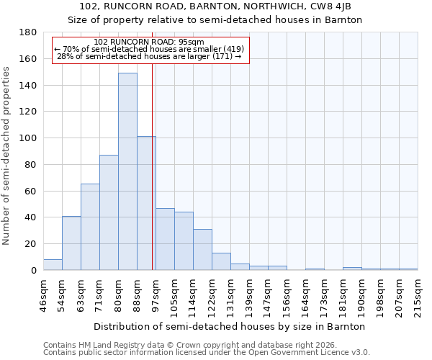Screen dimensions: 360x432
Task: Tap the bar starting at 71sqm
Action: pos(109,212)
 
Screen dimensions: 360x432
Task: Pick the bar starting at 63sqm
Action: pos(90,227)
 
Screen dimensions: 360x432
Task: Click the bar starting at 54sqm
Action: pos(71,243)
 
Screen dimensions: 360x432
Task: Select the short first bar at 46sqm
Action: pos(53,265)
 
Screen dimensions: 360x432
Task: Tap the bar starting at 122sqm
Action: pos(221,261)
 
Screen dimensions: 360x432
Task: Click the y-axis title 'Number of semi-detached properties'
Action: pos(7,156)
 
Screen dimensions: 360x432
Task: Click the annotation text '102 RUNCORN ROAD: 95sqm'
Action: pos(149,42)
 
